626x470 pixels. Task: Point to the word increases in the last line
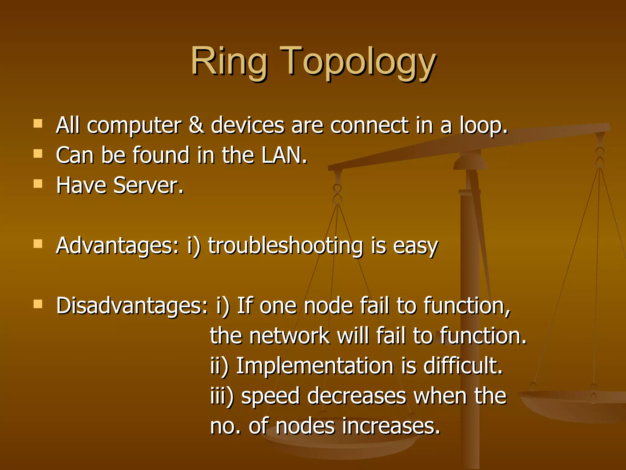click(x=391, y=426)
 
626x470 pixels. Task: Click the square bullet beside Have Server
click(x=38, y=184)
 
